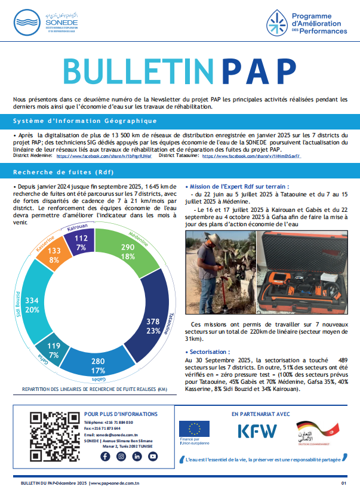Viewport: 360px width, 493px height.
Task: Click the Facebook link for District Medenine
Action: (104, 156)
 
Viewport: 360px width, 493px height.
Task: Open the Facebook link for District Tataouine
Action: (251, 156)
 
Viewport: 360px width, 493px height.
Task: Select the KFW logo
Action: (257, 432)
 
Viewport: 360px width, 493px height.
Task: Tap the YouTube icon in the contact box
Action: (153, 457)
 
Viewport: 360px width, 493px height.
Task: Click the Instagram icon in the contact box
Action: (121, 457)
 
